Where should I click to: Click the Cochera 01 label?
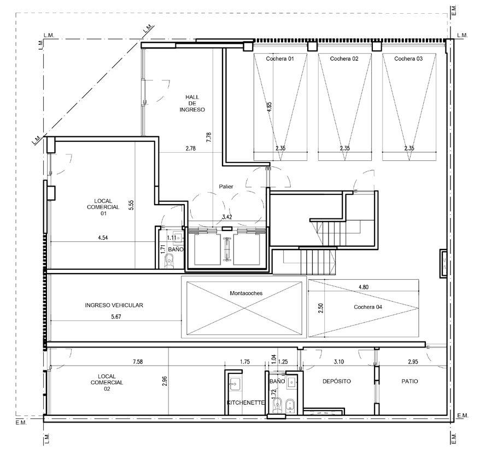click(x=279, y=59)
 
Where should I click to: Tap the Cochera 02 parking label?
click(x=344, y=59)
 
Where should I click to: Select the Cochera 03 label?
click(x=408, y=59)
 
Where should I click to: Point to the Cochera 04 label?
click(x=368, y=307)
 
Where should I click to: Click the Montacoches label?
click(x=246, y=293)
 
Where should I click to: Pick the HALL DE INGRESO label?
click(x=192, y=103)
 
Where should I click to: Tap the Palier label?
click(x=226, y=187)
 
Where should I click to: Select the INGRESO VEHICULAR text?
click(x=114, y=305)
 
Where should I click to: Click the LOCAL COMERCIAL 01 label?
click(x=103, y=207)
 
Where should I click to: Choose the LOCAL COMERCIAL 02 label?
click(x=107, y=383)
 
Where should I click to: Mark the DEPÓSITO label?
click(x=337, y=381)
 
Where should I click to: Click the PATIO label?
click(x=410, y=381)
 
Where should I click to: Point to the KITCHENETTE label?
click(x=246, y=403)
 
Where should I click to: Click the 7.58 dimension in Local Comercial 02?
click(x=138, y=362)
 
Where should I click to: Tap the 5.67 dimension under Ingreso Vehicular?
click(x=115, y=316)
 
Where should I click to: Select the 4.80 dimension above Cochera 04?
click(x=363, y=287)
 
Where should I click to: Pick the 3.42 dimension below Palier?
click(x=227, y=217)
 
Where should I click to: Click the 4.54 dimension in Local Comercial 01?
click(x=103, y=238)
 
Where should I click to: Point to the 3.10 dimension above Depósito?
click(x=339, y=362)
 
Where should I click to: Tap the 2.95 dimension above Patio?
click(x=413, y=362)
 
